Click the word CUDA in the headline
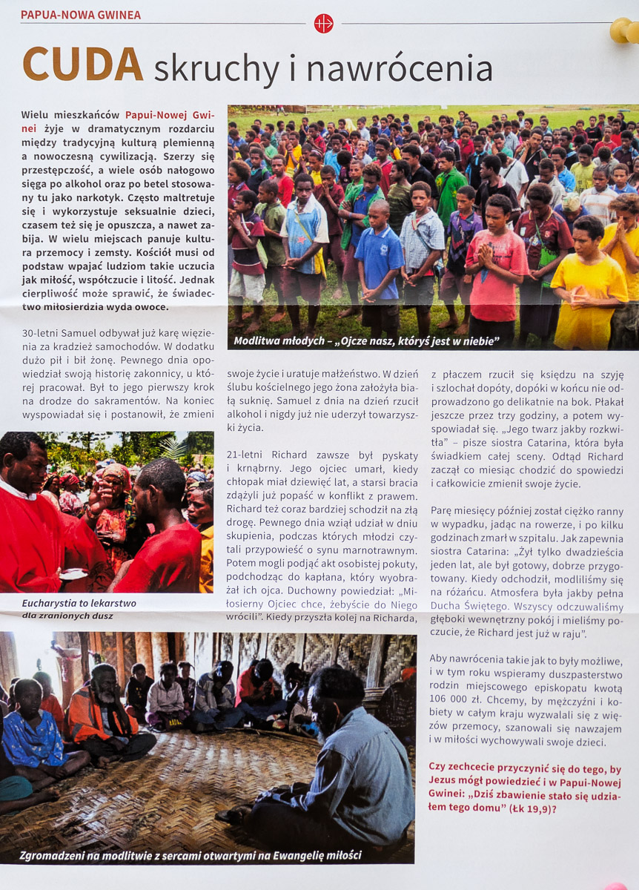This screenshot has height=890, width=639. [x=82, y=65]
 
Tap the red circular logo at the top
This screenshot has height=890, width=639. [x=323, y=23]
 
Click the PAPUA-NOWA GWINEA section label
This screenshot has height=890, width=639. [x=80, y=15]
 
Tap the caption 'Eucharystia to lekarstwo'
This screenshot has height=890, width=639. [x=79, y=603]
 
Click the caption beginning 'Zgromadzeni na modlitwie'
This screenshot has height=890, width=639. [x=191, y=855]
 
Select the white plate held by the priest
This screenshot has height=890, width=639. [x=74, y=573]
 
